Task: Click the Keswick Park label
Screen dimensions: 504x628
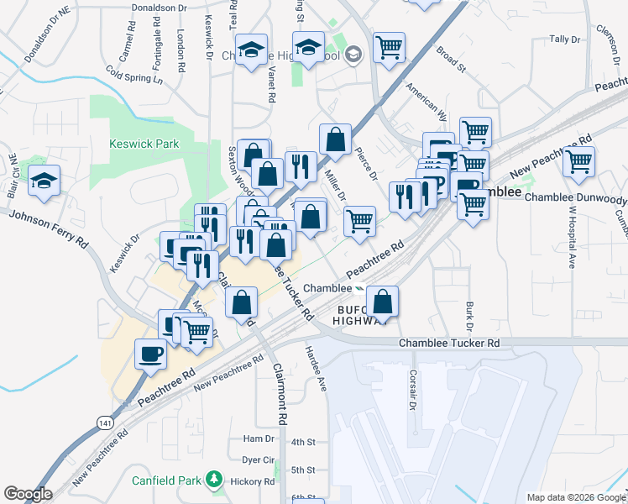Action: [144, 144]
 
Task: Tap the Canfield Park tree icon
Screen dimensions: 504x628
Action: [215, 480]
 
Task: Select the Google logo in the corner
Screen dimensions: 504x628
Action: [28, 493]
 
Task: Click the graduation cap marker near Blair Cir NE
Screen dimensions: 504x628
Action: [44, 181]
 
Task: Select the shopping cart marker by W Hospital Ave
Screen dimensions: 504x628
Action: [579, 160]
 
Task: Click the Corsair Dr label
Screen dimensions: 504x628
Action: [413, 390]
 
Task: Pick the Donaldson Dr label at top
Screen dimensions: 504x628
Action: [160, 8]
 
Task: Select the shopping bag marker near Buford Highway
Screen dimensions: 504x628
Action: [382, 301]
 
